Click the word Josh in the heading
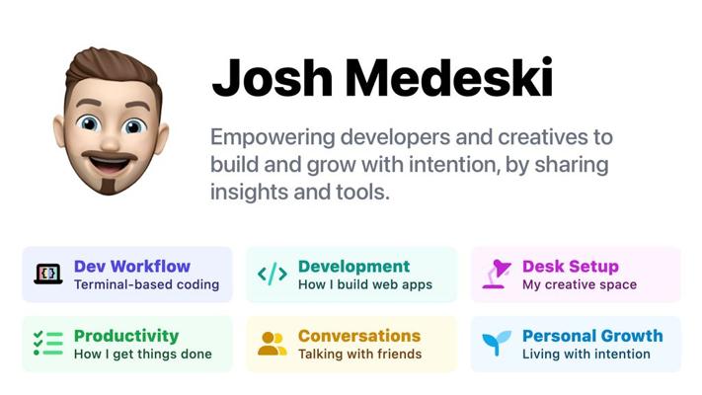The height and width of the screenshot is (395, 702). click(x=273, y=77)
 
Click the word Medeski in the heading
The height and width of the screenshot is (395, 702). click(x=449, y=77)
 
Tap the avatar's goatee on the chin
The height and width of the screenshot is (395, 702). click(x=109, y=185)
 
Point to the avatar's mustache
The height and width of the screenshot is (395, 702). click(x=110, y=156)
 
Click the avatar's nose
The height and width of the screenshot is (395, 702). click(x=111, y=138)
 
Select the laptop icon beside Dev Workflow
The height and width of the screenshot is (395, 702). click(x=48, y=275)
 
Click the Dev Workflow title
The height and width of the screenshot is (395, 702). click(x=132, y=266)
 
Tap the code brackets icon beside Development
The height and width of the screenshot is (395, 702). click(x=273, y=275)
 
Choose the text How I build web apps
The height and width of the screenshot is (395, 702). click(x=365, y=284)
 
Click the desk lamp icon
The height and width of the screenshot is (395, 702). click(x=497, y=274)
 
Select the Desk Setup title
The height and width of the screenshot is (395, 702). click(x=571, y=267)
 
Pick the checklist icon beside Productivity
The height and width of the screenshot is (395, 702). click(x=48, y=343)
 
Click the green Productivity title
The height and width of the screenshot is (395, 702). click(x=126, y=336)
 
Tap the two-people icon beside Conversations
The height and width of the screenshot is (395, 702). click(x=273, y=344)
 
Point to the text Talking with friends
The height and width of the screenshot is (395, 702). click(x=360, y=355)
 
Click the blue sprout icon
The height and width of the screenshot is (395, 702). click(x=497, y=343)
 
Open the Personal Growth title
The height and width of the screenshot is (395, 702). click(x=592, y=336)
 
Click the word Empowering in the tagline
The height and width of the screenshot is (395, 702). click(x=273, y=138)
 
